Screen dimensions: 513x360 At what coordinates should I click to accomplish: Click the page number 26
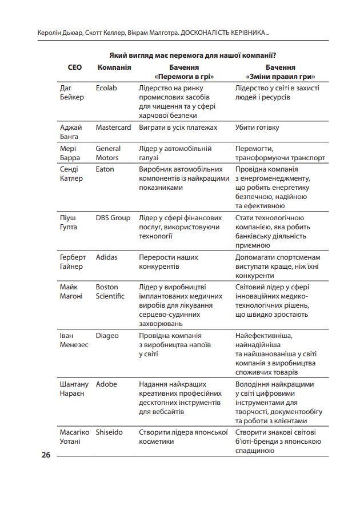pyautogui.click(x=46, y=455)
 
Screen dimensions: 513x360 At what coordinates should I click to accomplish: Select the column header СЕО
pyautogui.click(x=74, y=67)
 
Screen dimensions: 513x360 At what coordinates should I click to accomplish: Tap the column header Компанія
pyautogui.click(x=114, y=67)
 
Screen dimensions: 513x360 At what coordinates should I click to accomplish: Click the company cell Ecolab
pyautogui.click(x=106, y=88)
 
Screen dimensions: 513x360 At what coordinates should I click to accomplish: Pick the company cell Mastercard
pyautogui.click(x=113, y=128)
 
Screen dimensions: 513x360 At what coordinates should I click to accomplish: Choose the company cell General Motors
pyautogui.click(x=108, y=153)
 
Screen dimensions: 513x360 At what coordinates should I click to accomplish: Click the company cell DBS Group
pyautogui.click(x=113, y=218)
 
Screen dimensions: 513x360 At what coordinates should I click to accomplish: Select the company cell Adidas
pyautogui.click(x=107, y=257)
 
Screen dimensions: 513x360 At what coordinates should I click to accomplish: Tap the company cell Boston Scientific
pyautogui.click(x=110, y=291)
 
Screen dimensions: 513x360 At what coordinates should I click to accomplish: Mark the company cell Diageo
pyautogui.click(x=107, y=336)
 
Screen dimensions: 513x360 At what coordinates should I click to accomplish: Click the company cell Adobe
pyautogui.click(x=106, y=384)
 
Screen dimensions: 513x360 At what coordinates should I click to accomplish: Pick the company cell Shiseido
pyautogui.click(x=109, y=432)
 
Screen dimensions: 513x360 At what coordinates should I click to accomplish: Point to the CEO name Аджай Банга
pyautogui.click(x=71, y=132)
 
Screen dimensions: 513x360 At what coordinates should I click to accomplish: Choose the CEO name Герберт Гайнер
pyautogui.click(x=73, y=262)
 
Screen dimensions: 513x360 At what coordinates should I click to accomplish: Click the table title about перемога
pyautogui.click(x=193, y=55)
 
